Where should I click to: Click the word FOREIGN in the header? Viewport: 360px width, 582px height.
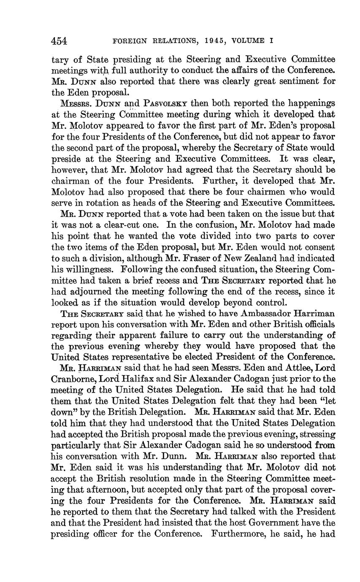(x=130, y=41)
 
